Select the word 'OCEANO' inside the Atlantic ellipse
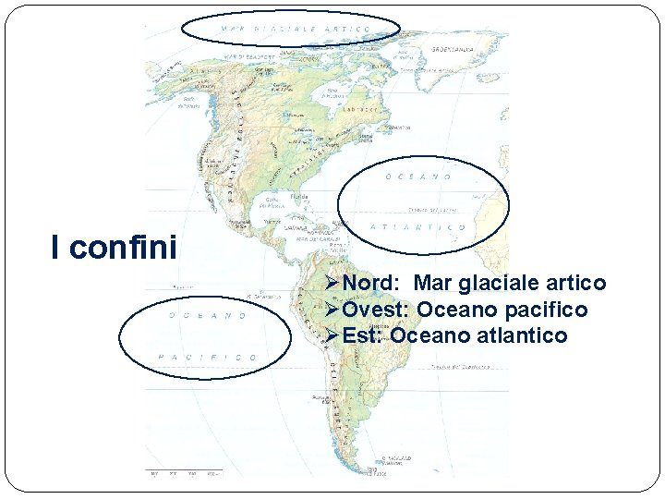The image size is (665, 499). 418,176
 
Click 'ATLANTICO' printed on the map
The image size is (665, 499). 418,226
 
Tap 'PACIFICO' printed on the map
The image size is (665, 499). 207,357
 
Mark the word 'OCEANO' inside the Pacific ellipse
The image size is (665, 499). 207,315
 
